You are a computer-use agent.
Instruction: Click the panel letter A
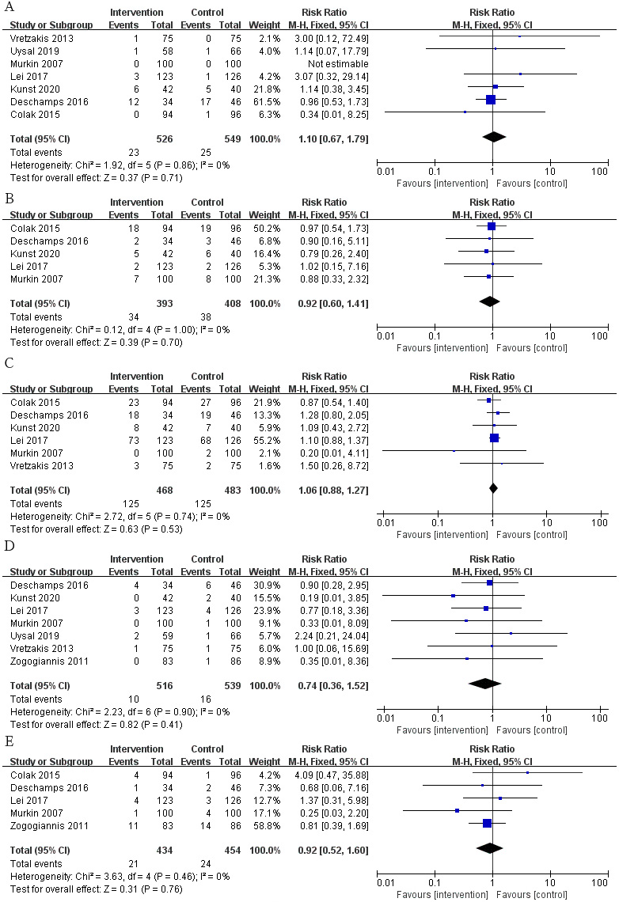click(x=9, y=7)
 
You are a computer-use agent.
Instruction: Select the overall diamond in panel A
click(x=494, y=137)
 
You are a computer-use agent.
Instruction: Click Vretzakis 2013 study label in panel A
click(x=42, y=39)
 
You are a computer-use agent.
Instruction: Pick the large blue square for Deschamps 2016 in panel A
click(x=490, y=100)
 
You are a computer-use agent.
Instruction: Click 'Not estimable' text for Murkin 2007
click(x=338, y=64)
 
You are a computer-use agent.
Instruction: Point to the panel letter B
click(x=9, y=199)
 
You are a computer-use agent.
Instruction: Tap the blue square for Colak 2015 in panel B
click(x=492, y=226)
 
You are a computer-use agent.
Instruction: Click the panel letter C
click(x=9, y=363)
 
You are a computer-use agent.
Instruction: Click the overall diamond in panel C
click(x=493, y=488)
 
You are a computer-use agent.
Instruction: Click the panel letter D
click(x=9, y=546)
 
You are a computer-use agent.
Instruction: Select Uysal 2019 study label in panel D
click(x=35, y=636)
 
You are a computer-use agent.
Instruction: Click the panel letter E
click(x=9, y=741)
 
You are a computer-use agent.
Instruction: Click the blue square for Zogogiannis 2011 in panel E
click(x=488, y=824)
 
